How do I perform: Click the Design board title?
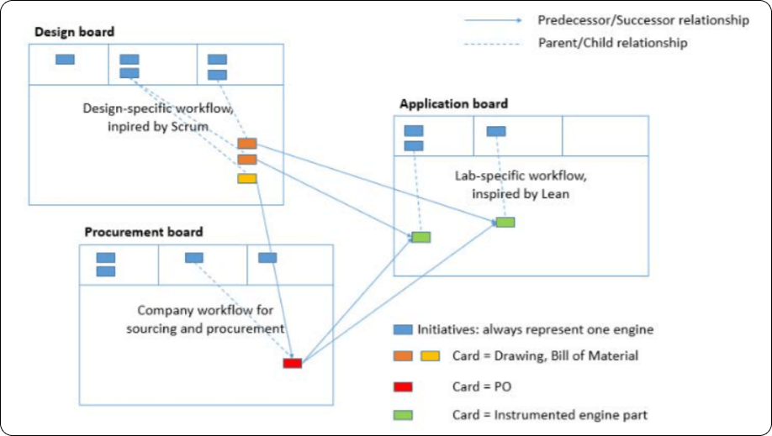click(x=75, y=32)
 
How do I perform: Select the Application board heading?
click(x=453, y=104)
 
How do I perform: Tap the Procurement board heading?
click(x=143, y=232)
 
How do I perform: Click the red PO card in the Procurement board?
click(x=292, y=363)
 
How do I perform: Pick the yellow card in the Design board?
click(x=246, y=178)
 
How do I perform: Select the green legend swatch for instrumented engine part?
click(x=404, y=413)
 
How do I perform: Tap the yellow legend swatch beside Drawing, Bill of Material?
click(x=431, y=356)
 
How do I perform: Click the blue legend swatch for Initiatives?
click(x=404, y=330)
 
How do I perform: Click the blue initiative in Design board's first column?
click(x=65, y=59)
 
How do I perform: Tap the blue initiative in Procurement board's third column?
click(x=267, y=257)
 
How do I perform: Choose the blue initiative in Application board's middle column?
click(x=496, y=131)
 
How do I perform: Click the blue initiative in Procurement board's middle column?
click(x=193, y=257)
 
